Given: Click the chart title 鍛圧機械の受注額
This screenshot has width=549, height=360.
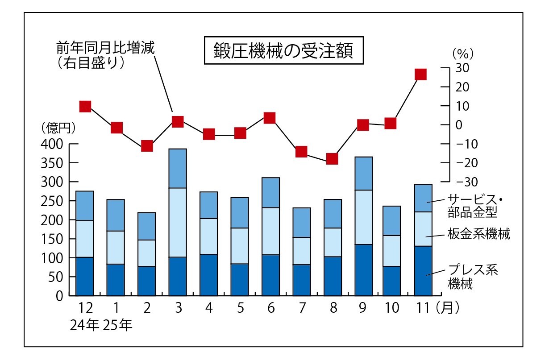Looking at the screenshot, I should point(283,50).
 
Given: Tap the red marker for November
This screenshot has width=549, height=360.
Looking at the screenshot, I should point(420,74).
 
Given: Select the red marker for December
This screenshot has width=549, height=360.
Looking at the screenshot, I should point(85,106).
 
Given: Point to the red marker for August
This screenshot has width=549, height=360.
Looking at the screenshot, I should point(332,159).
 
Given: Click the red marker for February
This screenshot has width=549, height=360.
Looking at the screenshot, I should point(147,146).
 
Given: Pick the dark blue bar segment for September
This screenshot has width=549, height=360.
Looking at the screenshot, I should point(363,270).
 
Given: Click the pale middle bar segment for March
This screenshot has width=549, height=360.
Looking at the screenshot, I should point(178,222).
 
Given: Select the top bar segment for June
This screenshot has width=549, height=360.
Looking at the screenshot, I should point(270,192).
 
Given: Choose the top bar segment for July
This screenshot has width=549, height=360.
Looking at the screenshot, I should point(301,222).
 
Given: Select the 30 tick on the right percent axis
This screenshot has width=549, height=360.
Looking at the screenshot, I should point(462,68).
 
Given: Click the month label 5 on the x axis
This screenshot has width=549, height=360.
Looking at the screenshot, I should point(240,308).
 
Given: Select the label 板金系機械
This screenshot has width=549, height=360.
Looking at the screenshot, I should point(478,234).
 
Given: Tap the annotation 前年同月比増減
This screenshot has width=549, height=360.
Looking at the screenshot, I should point(105,48).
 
